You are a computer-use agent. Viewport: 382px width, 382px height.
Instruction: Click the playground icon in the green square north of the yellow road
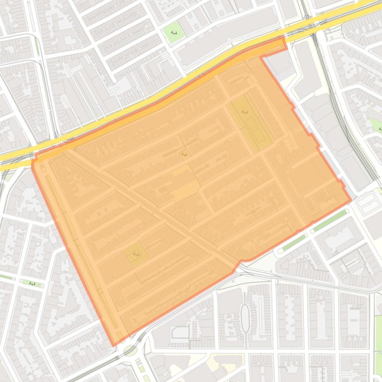click(174, 33)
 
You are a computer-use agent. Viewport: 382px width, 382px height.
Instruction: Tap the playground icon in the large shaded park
click(245, 112)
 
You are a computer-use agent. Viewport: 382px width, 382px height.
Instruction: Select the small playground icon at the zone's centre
click(185, 154)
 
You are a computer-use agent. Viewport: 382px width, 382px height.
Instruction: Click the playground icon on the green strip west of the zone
click(32, 284)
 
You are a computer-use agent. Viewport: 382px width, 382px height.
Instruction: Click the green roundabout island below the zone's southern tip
click(130, 350)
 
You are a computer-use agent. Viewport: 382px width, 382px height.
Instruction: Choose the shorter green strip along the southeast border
click(293, 242)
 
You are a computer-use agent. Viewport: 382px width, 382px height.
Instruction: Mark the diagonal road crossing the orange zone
click(149, 206)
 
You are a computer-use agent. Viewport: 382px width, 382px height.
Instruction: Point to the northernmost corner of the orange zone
click(283, 37)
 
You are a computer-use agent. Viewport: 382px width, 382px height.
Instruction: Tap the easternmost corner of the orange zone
click(351, 201)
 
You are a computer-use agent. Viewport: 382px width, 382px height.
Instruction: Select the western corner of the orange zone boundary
click(32, 164)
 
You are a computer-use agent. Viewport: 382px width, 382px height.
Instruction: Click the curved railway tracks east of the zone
click(343, 114)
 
